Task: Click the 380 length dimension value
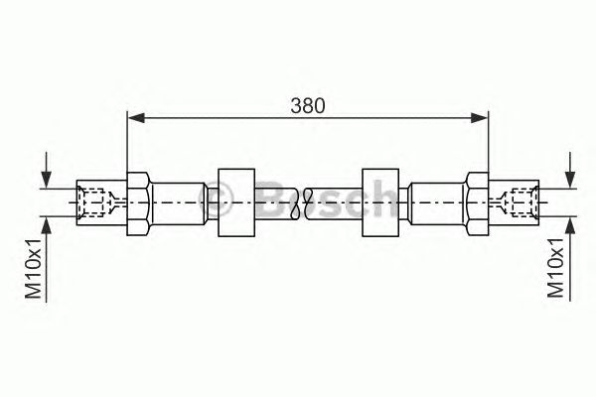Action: (x=308, y=106)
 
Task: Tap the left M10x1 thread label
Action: (x=33, y=269)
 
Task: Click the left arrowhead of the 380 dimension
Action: (x=136, y=118)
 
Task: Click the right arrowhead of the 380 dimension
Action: (x=479, y=118)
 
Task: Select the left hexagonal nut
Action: (x=139, y=203)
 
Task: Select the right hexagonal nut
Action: (x=478, y=203)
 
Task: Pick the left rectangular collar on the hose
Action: (x=236, y=202)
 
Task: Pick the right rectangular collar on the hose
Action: (x=380, y=202)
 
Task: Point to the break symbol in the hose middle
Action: (x=303, y=203)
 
